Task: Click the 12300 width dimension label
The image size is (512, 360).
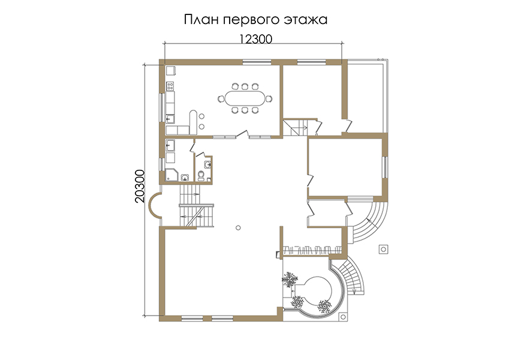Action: pyautogui.click(x=255, y=39)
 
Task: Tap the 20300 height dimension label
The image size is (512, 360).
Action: pyautogui.click(x=140, y=186)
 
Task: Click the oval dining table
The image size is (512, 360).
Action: pyautogui.click(x=245, y=98)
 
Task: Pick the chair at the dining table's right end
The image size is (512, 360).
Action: pyautogui.click(x=269, y=98)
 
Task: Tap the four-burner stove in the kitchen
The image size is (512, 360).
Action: pyautogui.click(x=170, y=86)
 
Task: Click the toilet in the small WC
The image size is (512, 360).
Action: pyautogui.click(x=201, y=176)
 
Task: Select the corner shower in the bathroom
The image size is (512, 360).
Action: pyautogui.click(x=171, y=175)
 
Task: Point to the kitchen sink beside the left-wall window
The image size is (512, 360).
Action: pyautogui.click(x=170, y=118)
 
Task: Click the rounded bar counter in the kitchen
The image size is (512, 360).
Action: pyautogui.click(x=193, y=122)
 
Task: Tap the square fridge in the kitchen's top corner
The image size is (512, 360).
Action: pyautogui.click(x=171, y=71)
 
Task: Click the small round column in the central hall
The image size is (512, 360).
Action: pyautogui.click(x=238, y=227)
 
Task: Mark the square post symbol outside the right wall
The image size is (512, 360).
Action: pyautogui.click(x=383, y=250)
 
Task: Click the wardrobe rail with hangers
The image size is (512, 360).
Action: pyautogui.click(x=312, y=250)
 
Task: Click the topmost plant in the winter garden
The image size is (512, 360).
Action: pyautogui.click(x=290, y=280)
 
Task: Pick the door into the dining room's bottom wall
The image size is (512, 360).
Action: pyautogui.click(x=242, y=134)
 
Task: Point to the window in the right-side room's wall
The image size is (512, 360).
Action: pyautogui.click(x=385, y=167)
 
